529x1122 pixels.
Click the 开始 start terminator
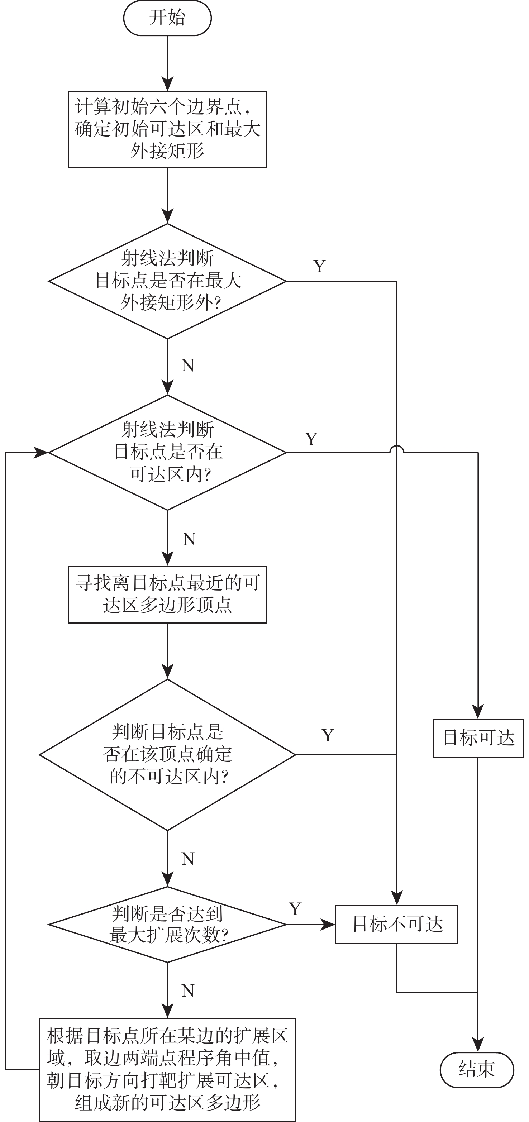[167, 18]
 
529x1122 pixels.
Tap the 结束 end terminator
[477, 1070]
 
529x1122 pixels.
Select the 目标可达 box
[478, 738]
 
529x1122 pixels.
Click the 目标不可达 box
[396, 925]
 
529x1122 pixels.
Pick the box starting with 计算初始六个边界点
[167, 129]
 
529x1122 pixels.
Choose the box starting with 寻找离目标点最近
[167, 594]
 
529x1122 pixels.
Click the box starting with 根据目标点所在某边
[167, 1069]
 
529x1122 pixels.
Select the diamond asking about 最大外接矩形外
[167, 281]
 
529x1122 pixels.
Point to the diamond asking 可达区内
[167, 452]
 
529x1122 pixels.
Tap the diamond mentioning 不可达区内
[167, 755]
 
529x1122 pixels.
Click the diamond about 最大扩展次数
[167, 924]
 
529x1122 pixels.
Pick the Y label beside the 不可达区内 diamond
[328, 736]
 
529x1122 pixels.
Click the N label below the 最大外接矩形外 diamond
[188, 366]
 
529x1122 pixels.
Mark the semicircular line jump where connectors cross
[396, 449]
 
